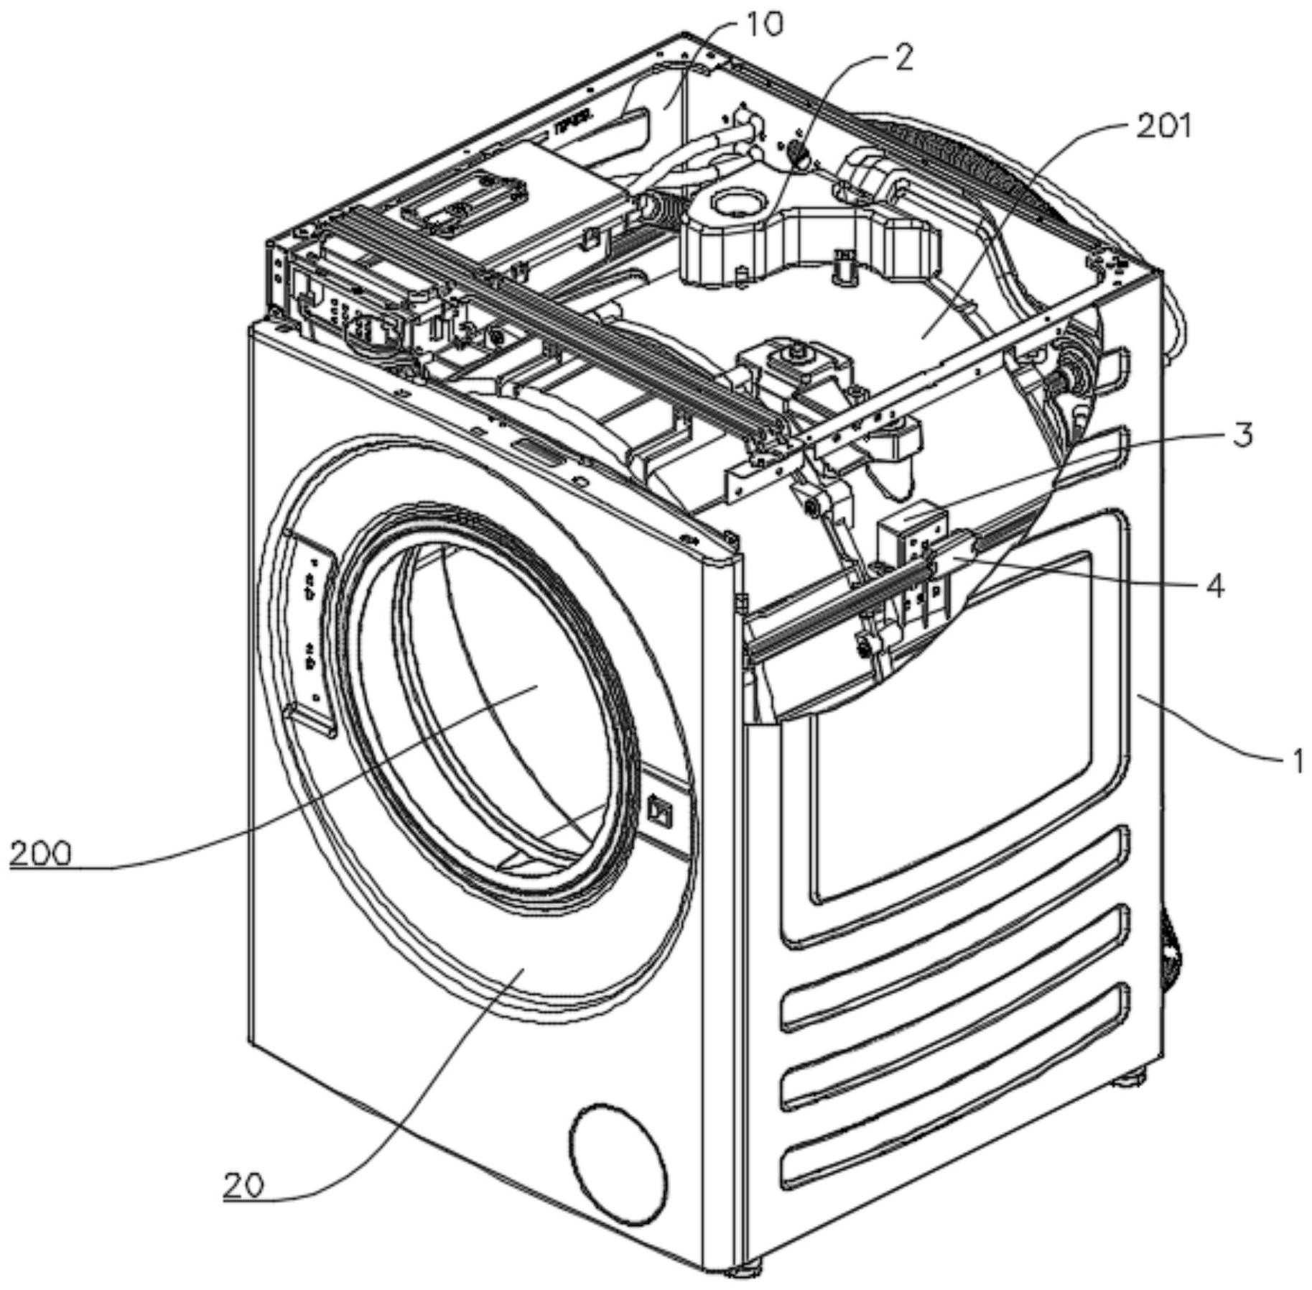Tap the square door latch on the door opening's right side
[658, 809]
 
